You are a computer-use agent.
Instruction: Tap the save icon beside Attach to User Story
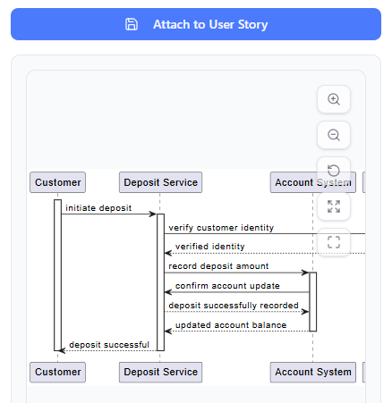click(132, 24)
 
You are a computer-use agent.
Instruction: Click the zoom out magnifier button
click(334, 135)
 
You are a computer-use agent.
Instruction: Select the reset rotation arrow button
click(334, 171)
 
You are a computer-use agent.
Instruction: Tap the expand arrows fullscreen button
click(334, 206)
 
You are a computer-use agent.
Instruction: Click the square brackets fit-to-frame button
click(334, 242)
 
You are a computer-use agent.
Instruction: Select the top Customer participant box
click(57, 182)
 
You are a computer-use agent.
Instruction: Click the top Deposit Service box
click(160, 182)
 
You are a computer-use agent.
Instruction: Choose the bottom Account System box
click(313, 372)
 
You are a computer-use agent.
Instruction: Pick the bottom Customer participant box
click(57, 372)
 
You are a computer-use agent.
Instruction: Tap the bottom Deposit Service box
click(160, 372)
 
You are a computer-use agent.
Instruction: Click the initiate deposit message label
click(98, 208)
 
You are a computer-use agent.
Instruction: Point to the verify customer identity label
click(221, 228)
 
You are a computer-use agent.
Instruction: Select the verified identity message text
click(209, 246)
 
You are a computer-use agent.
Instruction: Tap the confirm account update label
click(227, 286)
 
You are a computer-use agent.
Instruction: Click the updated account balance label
click(231, 325)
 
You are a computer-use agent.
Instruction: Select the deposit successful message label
click(109, 344)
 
